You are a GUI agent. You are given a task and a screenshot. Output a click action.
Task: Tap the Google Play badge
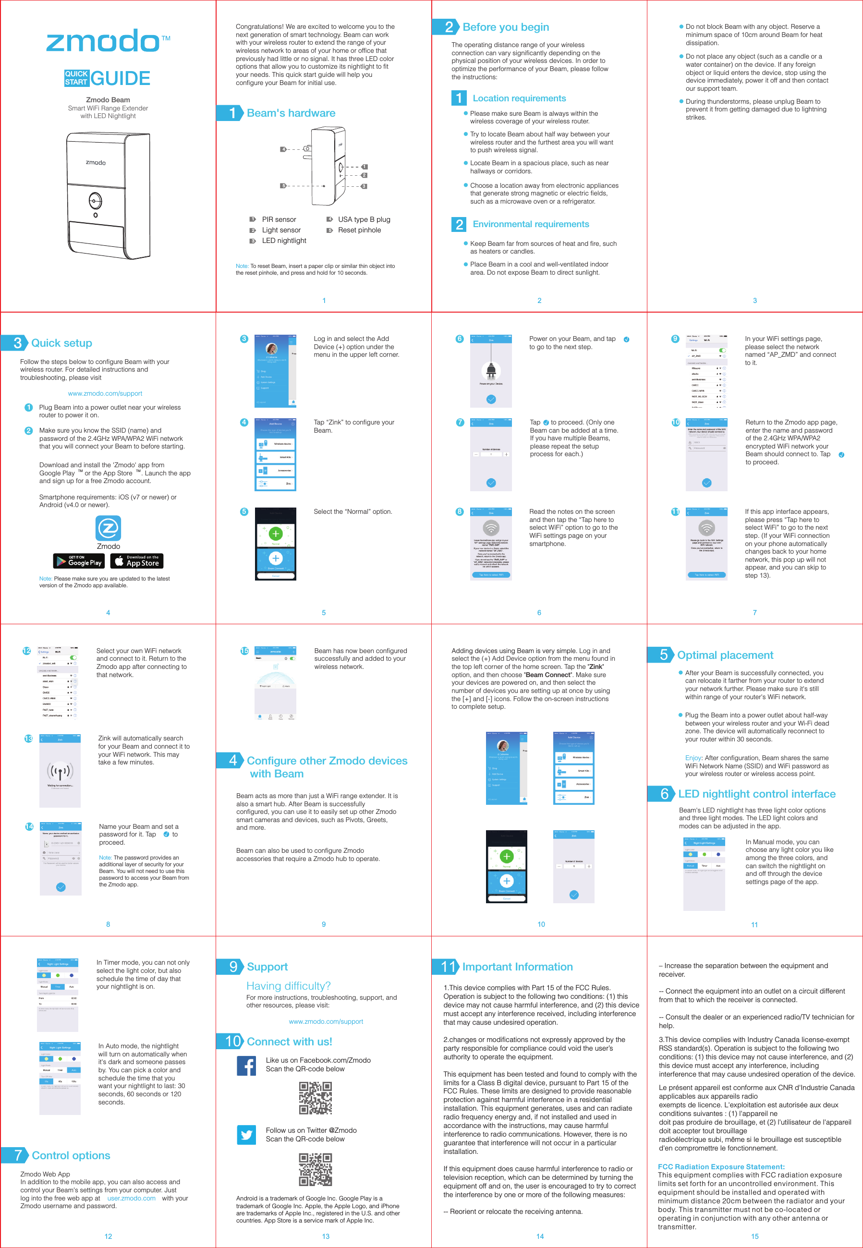point(79,561)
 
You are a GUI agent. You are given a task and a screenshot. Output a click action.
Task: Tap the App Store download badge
point(137,561)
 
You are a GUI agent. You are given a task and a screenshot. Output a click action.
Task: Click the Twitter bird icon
point(246,1135)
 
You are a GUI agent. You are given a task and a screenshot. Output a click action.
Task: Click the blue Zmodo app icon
point(108,528)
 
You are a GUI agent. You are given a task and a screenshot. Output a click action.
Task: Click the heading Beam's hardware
point(291,113)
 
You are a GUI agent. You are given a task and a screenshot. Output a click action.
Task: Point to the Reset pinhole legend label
point(359,230)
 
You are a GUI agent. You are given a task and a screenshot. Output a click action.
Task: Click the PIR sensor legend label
point(279,219)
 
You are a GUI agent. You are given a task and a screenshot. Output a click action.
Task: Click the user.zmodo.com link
point(132,1198)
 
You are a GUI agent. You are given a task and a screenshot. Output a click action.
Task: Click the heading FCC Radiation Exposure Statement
point(721,1166)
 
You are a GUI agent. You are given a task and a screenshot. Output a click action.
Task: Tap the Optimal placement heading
point(725,655)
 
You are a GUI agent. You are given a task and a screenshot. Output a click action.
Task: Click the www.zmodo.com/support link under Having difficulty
point(326,1021)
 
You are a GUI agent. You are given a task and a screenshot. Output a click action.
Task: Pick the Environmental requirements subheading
point(531,224)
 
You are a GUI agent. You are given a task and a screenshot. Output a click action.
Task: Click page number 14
point(540,1236)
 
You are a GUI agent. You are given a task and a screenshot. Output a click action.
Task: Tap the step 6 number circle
point(459,339)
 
